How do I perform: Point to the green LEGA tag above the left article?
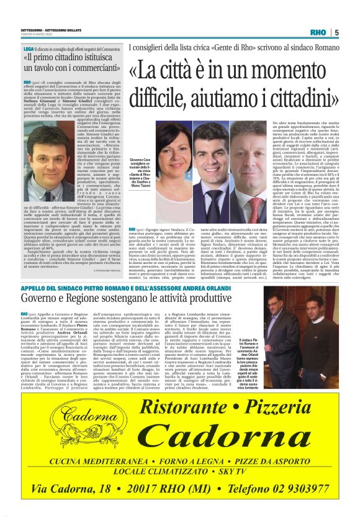[x=28, y=47]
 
